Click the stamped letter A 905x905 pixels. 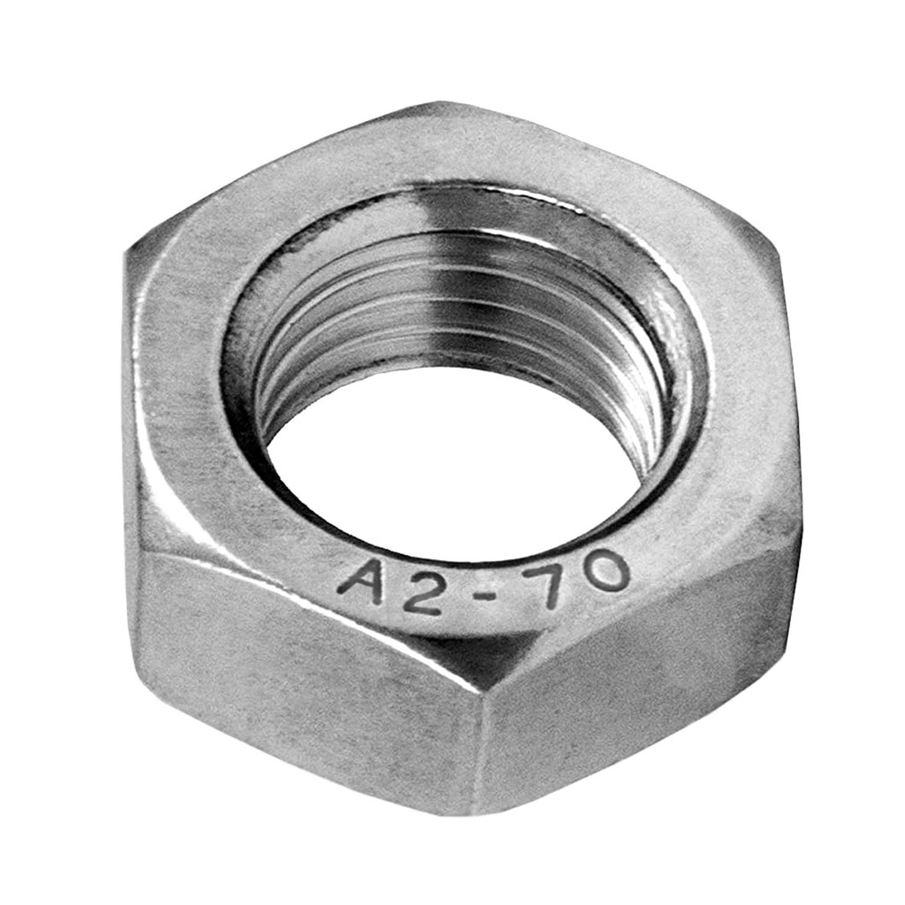click(361, 583)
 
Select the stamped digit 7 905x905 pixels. click(550, 582)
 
